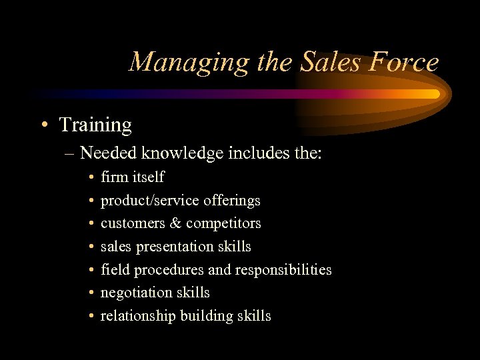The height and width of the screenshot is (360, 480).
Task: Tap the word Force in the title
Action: click(x=405, y=62)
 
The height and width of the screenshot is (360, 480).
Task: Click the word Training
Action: click(x=95, y=125)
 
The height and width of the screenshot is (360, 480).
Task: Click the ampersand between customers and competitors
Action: click(x=176, y=223)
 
